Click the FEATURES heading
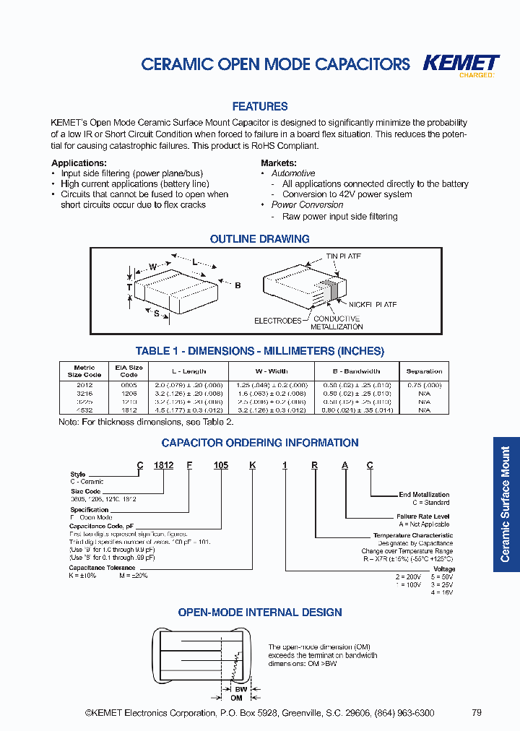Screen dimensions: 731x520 [x=260, y=106]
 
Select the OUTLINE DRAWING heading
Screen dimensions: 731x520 [x=259, y=239]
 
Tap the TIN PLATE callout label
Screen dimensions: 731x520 [x=343, y=256]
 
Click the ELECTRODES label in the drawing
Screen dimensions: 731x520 [x=277, y=321]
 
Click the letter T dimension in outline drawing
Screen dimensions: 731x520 [x=129, y=287]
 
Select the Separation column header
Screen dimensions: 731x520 [x=424, y=371]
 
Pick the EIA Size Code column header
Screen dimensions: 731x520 [x=129, y=371]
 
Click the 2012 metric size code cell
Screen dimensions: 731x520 [x=84, y=385]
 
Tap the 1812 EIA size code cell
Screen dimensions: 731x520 [x=129, y=410]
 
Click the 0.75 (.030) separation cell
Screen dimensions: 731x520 [x=424, y=385]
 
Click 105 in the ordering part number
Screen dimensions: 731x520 [x=221, y=465]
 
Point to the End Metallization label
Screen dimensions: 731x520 [x=424, y=495]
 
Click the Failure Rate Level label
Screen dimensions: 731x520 [x=422, y=516]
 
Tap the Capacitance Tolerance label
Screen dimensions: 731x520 [x=102, y=568]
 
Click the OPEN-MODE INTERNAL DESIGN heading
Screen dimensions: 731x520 [x=260, y=612]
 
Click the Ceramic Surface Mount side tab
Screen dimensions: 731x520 [x=506, y=504]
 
